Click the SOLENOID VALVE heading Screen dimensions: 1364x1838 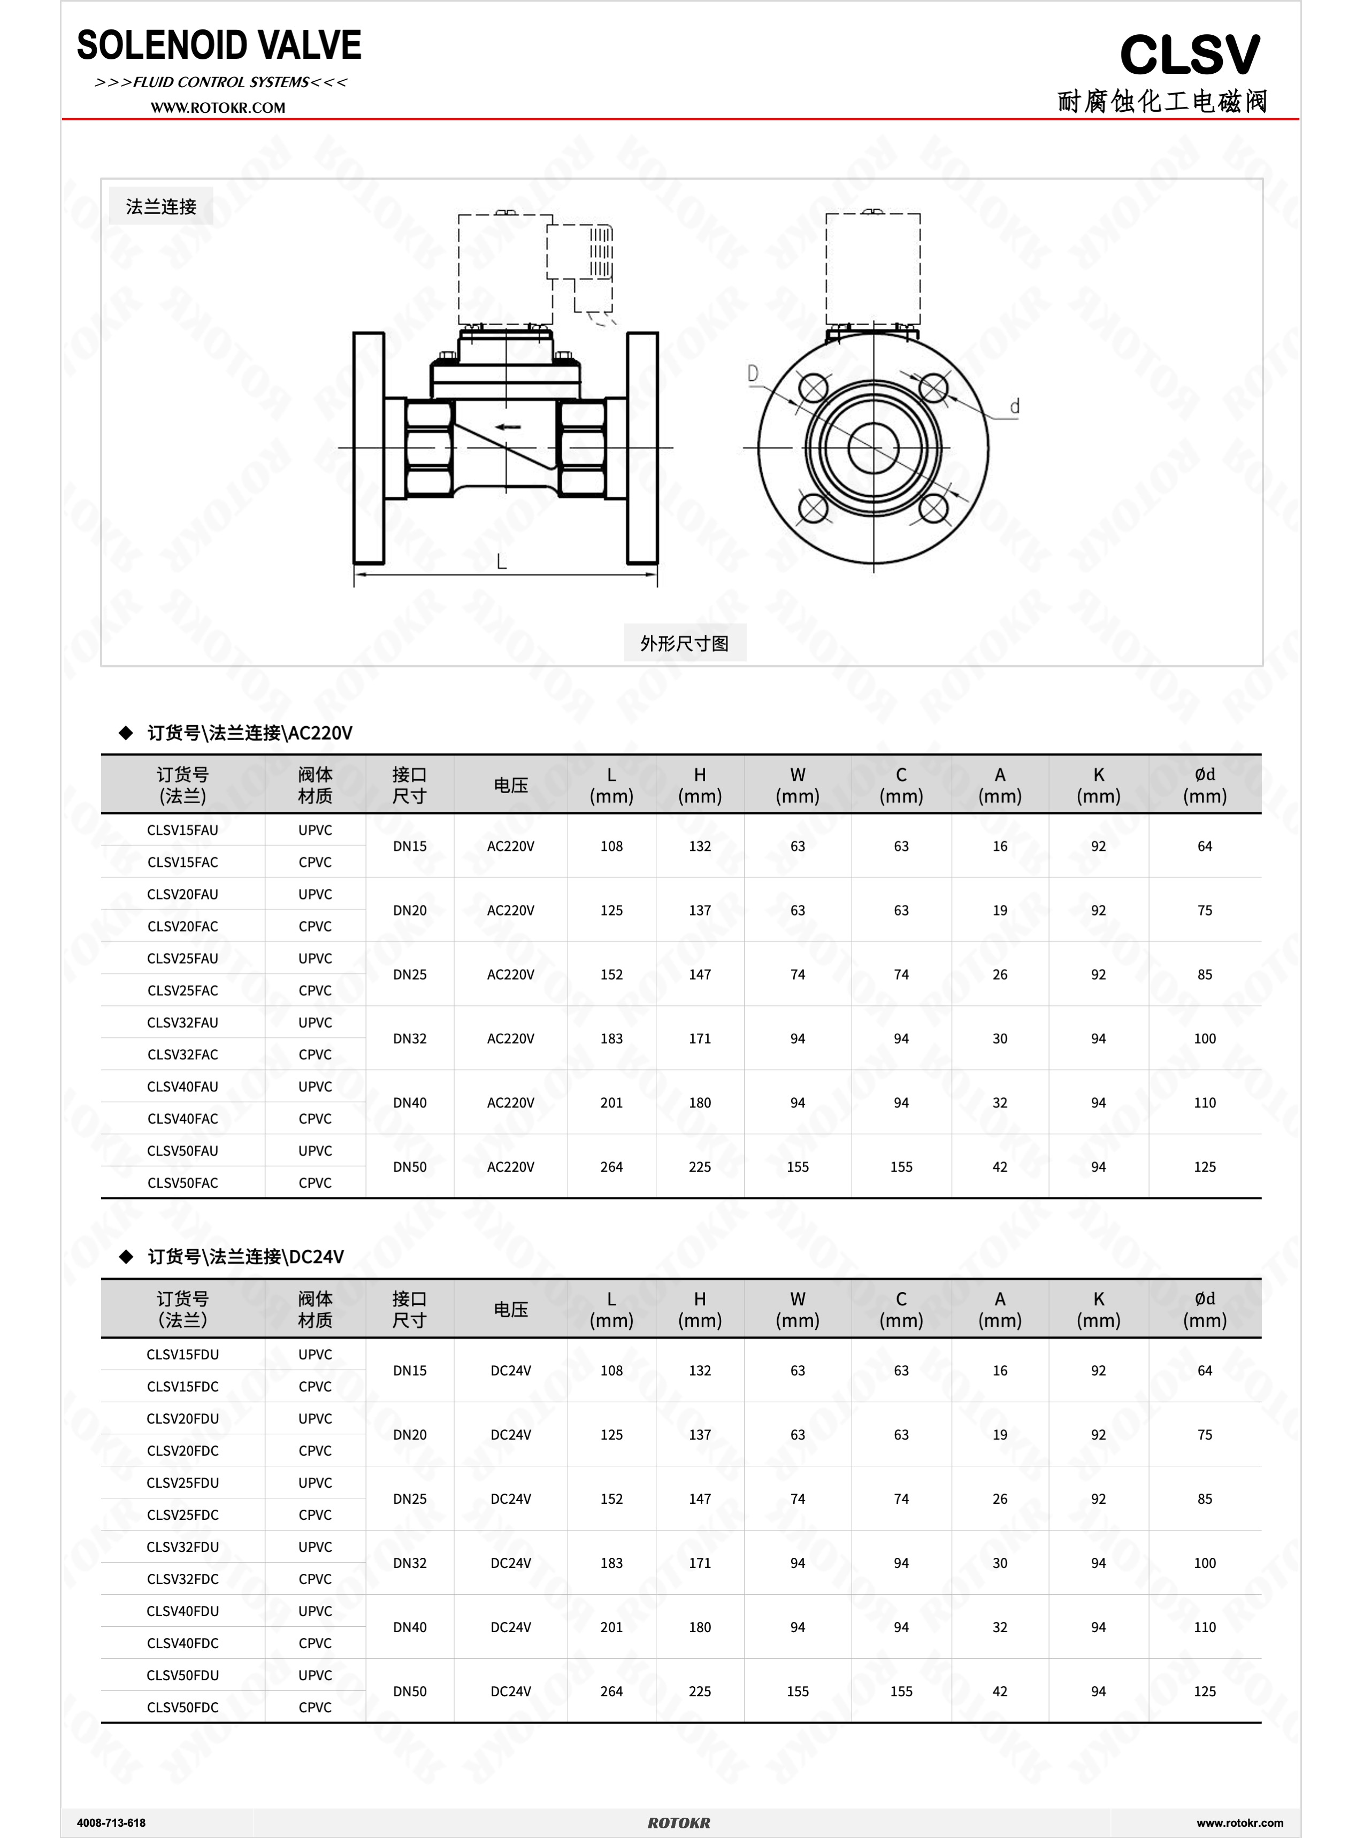[x=219, y=45]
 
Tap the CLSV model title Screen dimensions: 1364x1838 [x=1190, y=55]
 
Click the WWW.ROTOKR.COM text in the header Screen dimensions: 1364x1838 [x=218, y=107]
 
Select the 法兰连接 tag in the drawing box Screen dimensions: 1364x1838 [x=161, y=206]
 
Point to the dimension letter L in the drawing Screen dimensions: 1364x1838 [x=501, y=562]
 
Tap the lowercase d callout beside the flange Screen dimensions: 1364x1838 [x=1015, y=406]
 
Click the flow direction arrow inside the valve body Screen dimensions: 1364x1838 [x=508, y=427]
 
